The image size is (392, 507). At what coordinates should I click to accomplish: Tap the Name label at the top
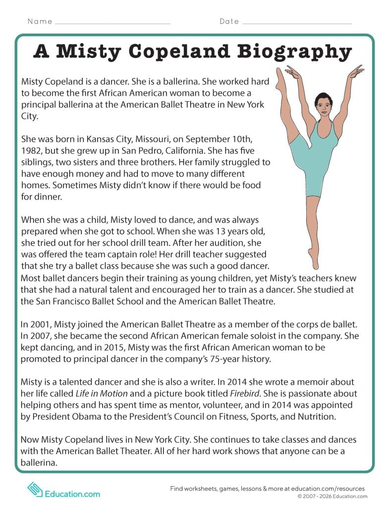(x=40, y=21)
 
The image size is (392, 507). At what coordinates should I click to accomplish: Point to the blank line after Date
(x=297, y=22)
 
